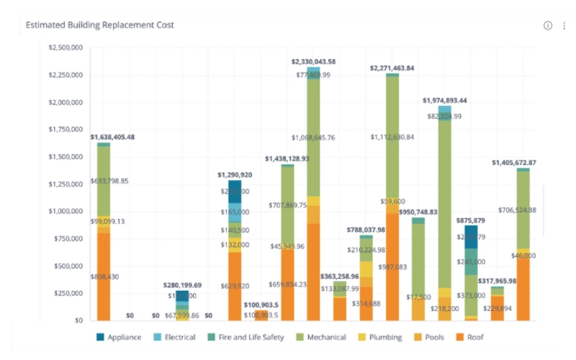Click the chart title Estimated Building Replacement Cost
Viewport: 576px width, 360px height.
pyautogui.click(x=99, y=25)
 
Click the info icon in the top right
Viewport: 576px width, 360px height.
pyautogui.click(x=547, y=25)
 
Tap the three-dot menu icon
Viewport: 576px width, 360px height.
pyautogui.click(x=563, y=25)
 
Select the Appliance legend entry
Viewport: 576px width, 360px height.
pyautogui.click(x=119, y=337)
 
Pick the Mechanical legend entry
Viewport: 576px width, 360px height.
pyautogui.click(x=320, y=337)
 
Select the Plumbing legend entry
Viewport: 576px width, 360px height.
pyautogui.click(x=382, y=337)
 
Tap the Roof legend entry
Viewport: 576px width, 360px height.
pyautogui.click(x=475, y=337)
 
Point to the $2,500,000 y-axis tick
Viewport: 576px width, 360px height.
pyautogui.click(x=64, y=48)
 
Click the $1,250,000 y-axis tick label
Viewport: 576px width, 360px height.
pyautogui.click(x=64, y=184)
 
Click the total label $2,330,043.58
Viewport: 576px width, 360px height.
pyautogui.click(x=313, y=62)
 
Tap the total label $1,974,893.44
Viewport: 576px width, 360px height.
pyautogui.click(x=444, y=101)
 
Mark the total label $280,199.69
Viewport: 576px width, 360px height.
pyautogui.click(x=182, y=285)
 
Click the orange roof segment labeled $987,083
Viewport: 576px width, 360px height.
pyautogui.click(x=392, y=266)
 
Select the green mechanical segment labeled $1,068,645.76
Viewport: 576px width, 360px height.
pyautogui.click(x=314, y=137)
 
